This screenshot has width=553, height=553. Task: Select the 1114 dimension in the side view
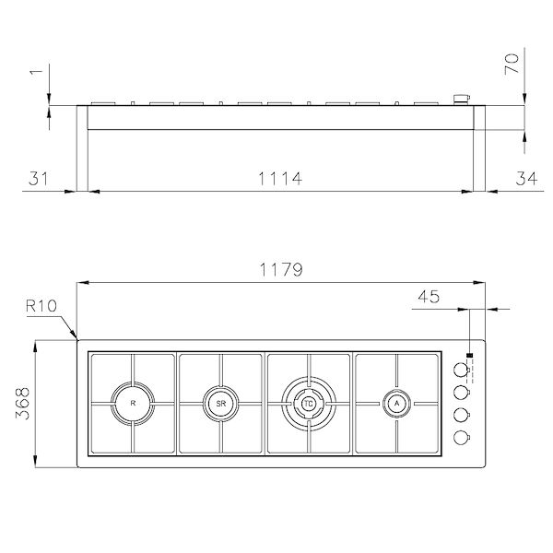point(276,178)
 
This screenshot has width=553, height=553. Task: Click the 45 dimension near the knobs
point(428,297)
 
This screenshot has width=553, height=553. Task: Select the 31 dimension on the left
point(38,178)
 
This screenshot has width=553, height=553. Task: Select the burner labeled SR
point(220,403)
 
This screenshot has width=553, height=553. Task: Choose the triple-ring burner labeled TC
point(309,403)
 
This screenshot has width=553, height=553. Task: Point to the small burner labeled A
point(396,403)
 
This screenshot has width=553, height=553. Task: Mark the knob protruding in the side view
point(462,97)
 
